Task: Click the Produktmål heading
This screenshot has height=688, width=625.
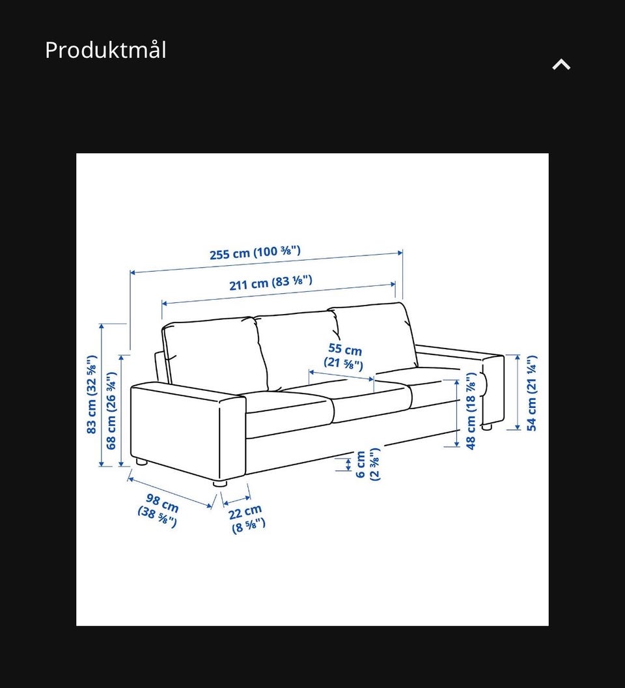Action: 105,50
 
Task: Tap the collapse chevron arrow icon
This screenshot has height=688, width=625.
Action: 561,65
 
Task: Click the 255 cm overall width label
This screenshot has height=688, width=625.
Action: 255,252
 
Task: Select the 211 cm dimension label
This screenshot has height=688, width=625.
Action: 271,283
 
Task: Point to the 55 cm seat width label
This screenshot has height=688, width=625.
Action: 344,356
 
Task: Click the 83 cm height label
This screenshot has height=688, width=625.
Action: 91,394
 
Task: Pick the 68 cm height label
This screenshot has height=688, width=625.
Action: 111,410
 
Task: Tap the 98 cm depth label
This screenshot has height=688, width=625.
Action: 159,510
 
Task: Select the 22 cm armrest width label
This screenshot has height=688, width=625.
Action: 247,518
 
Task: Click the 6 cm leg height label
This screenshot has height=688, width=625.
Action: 367,465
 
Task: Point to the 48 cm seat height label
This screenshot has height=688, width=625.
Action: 471,411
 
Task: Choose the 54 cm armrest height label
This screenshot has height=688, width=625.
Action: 531,393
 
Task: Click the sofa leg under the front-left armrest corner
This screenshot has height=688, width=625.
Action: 220,483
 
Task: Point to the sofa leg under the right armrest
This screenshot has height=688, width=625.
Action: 486,427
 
